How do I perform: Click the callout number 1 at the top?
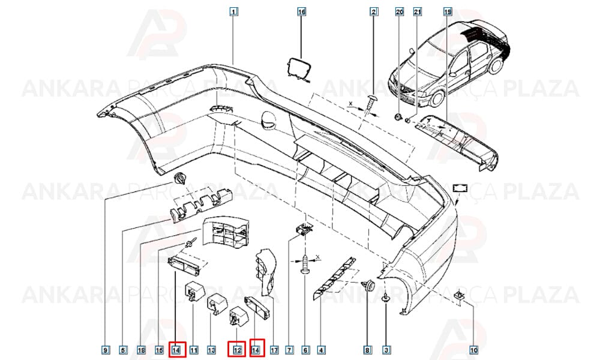(x=233, y=12)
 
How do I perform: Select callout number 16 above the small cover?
(x=302, y=12)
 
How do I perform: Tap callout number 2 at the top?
(x=374, y=12)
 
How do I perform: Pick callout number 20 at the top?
(x=399, y=12)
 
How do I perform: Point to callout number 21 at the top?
(x=418, y=12)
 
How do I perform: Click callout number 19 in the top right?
(x=448, y=12)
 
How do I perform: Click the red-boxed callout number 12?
(x=237, y=349)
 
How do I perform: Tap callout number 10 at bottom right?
(x=473, y=350)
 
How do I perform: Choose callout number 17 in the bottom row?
(x=274, y=350)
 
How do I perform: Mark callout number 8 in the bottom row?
(x=367, y=350)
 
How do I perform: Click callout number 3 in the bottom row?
(x=386, y=350)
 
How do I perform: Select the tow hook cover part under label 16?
(x=298, y=70)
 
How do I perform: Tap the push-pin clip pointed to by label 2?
(x=371, y=103)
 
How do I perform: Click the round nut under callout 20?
(x=398, y=116)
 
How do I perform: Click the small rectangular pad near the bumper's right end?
(x=460, y=188)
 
